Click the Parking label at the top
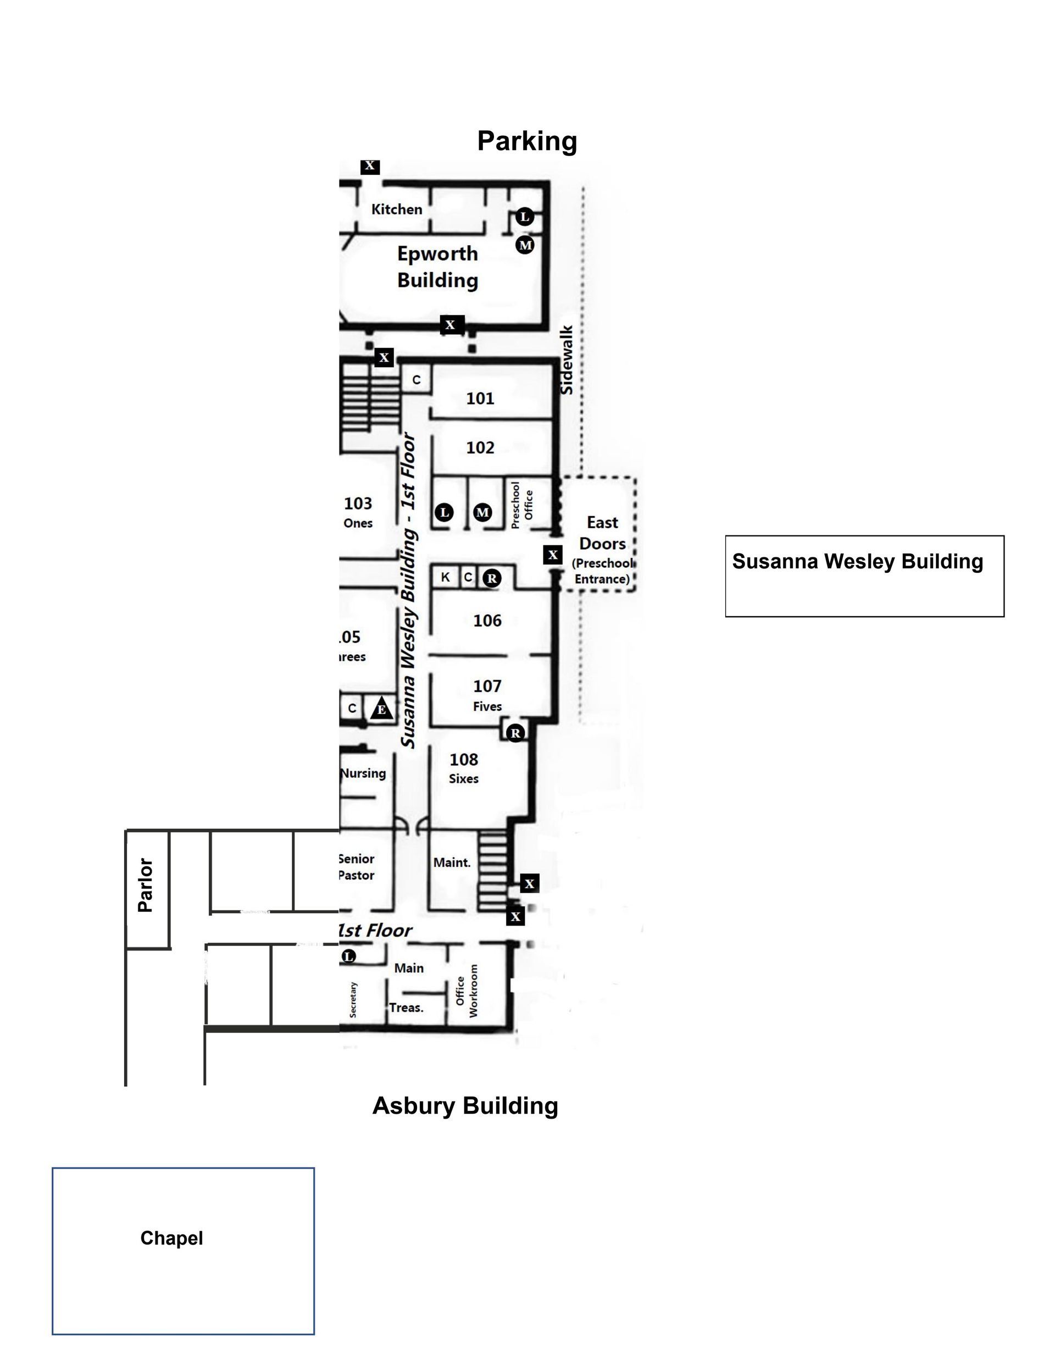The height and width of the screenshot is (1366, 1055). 526,141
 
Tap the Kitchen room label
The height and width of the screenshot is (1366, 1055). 397,209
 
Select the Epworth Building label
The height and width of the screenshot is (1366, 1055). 437,267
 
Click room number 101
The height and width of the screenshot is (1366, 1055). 480,399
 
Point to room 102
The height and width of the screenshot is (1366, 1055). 480,448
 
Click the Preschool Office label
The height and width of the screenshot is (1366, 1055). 521,505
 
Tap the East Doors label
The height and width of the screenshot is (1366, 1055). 602,533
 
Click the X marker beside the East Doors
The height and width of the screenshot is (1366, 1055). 552,555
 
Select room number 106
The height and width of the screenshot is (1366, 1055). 487,621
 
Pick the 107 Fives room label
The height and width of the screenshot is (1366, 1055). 487,695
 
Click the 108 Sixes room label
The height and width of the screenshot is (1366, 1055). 463,767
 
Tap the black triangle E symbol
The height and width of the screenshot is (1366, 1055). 381,710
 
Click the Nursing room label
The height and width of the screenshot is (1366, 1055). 363,773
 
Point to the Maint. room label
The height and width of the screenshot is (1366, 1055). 452,862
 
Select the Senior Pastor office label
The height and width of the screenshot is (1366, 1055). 357,867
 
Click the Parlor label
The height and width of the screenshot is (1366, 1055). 145,884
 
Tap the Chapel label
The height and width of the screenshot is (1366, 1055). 171,1238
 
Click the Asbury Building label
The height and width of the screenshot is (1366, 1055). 465,1105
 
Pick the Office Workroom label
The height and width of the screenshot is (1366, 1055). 467,990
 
